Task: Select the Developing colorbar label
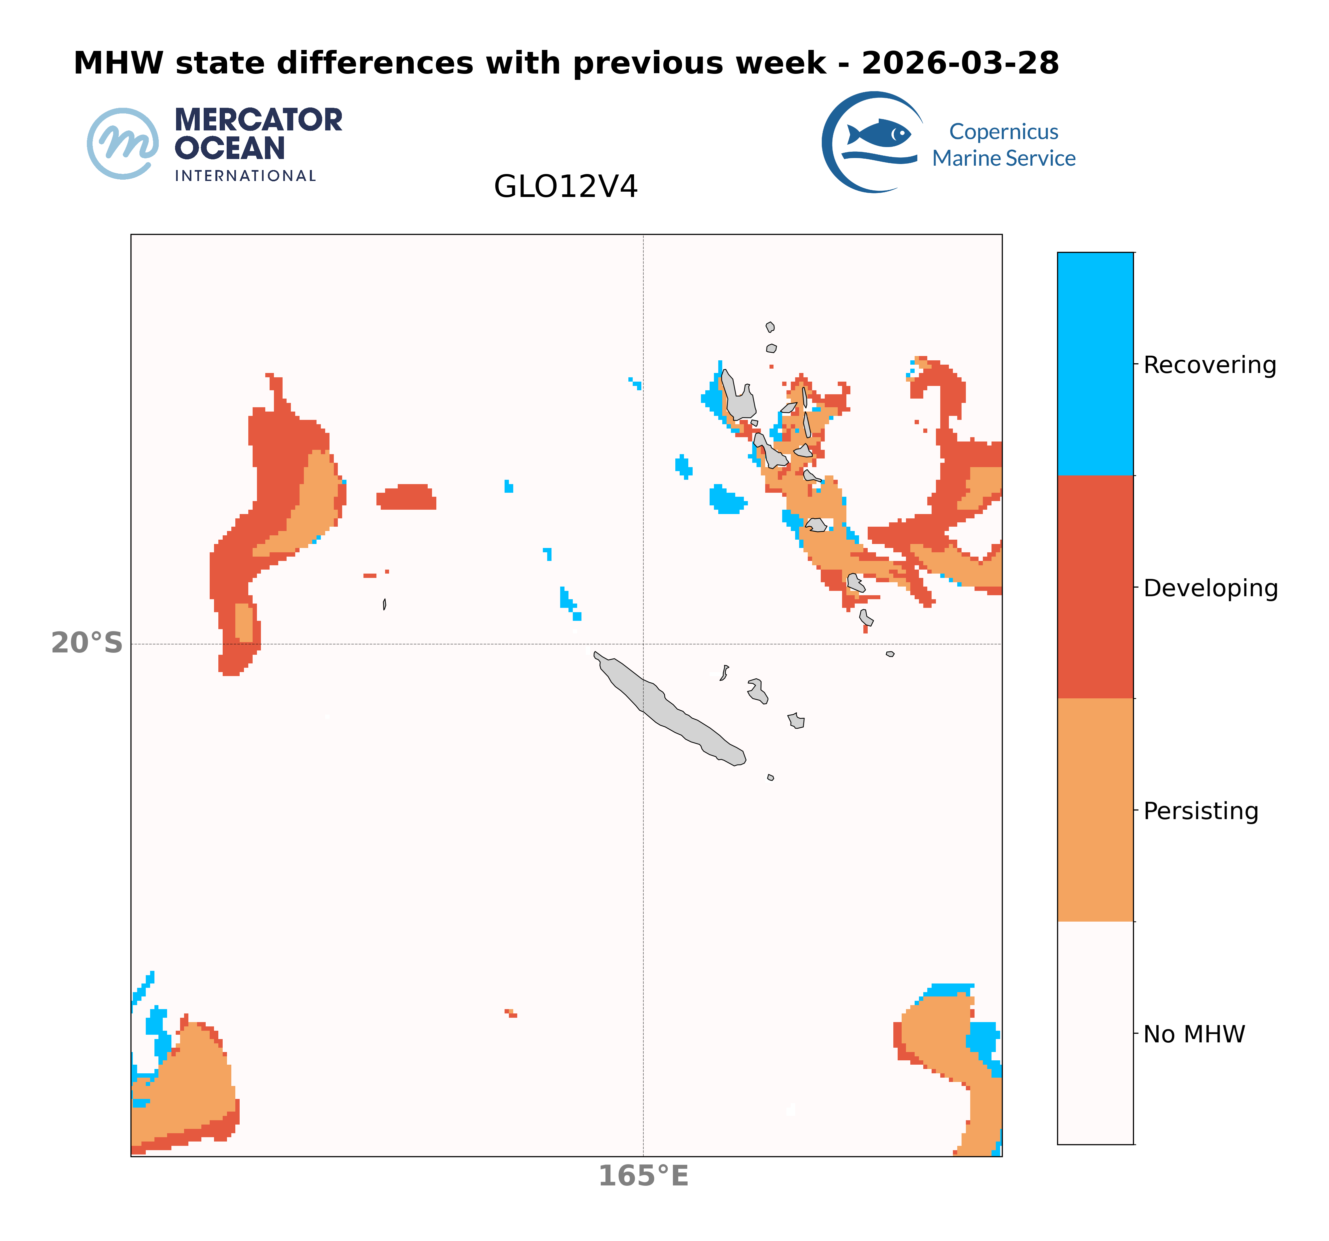1210,588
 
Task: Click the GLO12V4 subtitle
565,186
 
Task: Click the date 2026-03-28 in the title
960,64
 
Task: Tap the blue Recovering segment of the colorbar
1095,364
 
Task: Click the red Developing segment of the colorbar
1095,587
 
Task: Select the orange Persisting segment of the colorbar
1095,810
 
